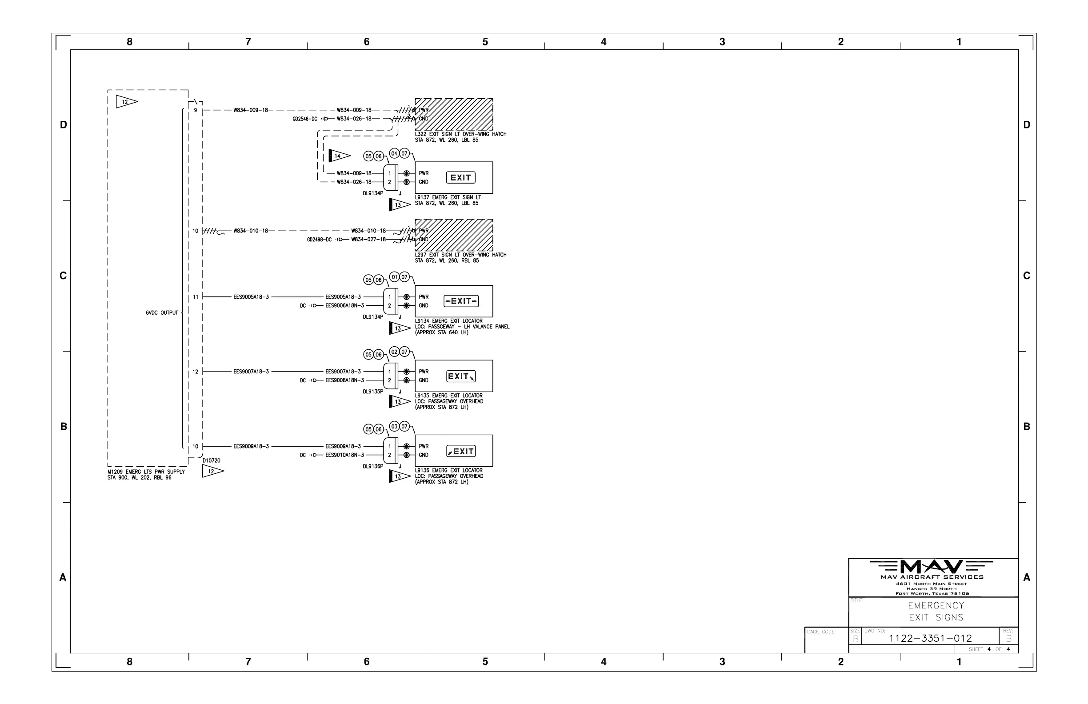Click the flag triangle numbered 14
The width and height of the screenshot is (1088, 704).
click(x=339, y=156)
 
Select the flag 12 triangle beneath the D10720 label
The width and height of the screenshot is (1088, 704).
click(x=212, y=471)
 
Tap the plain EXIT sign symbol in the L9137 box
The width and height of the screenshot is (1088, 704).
click(x=460, y=177)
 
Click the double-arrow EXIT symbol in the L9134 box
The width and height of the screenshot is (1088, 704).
click(x=461, y=301)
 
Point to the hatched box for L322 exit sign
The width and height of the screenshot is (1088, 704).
click(x=453, y=114)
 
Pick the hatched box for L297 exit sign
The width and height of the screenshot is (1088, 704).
click(x=453, y=235)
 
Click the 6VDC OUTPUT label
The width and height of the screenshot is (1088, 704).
click(x=162, y=313)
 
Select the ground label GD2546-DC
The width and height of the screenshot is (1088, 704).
click(x=305, y=119)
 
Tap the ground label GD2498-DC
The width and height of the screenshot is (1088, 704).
click(x=319, y=240)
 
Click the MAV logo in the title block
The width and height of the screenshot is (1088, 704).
click(x=931, y=567)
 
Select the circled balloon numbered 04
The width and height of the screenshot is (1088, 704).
click(x=394, y=154)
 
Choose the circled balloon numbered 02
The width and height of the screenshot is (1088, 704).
click(x=394, y=352)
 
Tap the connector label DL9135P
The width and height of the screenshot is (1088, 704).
click(x=372, y=392)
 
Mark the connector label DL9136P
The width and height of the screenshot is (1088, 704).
click(x=372, y=466)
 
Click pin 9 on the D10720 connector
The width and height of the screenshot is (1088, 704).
click(x=196, y=110)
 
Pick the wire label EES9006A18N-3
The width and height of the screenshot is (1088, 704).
click(x=345, y=305)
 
